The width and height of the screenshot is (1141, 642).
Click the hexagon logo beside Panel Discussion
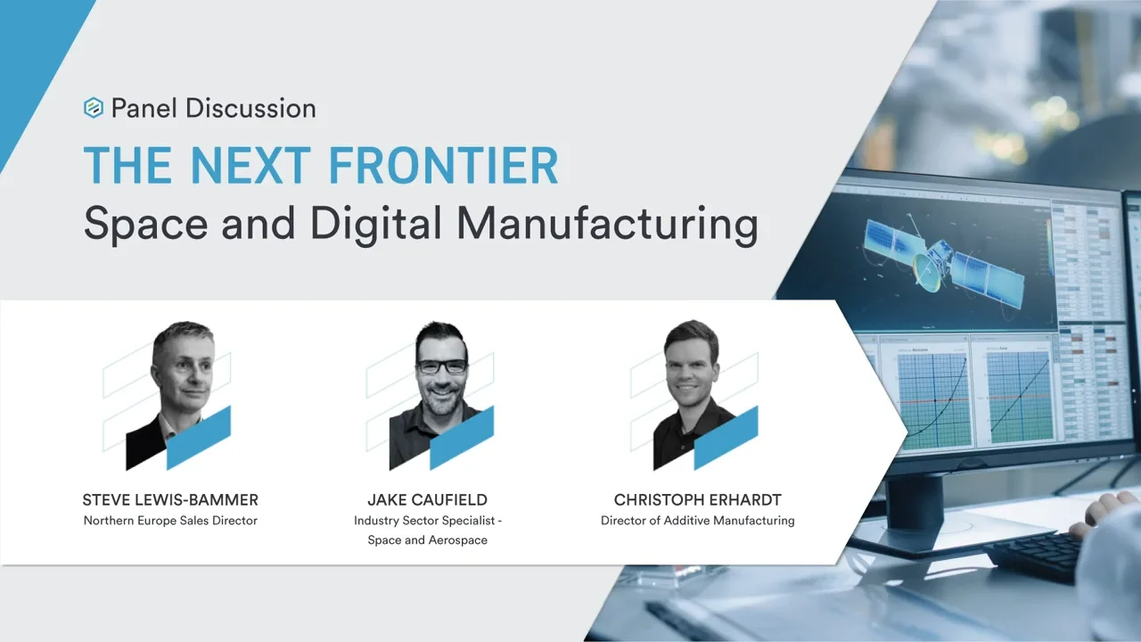coord(94,108)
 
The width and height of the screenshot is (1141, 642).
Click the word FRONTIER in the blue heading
coord(444,166)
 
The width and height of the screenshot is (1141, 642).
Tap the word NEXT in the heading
coord(250,166)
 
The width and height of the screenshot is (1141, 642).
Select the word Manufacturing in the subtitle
coord(607,224)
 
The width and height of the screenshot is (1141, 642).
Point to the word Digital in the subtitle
coord(376,224)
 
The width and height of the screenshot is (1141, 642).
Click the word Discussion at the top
coord(250,109)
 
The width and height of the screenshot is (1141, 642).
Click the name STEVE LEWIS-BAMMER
coord(170,500)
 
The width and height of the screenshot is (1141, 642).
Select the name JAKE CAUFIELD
coord(427,500)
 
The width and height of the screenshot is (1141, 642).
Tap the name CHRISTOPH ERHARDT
coord(697,500)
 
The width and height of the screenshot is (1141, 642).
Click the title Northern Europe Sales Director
coord(170,521)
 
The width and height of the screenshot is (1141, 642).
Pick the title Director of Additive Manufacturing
coord(697,521)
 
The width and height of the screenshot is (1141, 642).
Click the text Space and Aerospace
coord(427,540)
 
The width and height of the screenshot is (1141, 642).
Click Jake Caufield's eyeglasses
coord(441,366)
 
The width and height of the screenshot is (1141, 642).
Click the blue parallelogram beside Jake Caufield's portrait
coord(462,438)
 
